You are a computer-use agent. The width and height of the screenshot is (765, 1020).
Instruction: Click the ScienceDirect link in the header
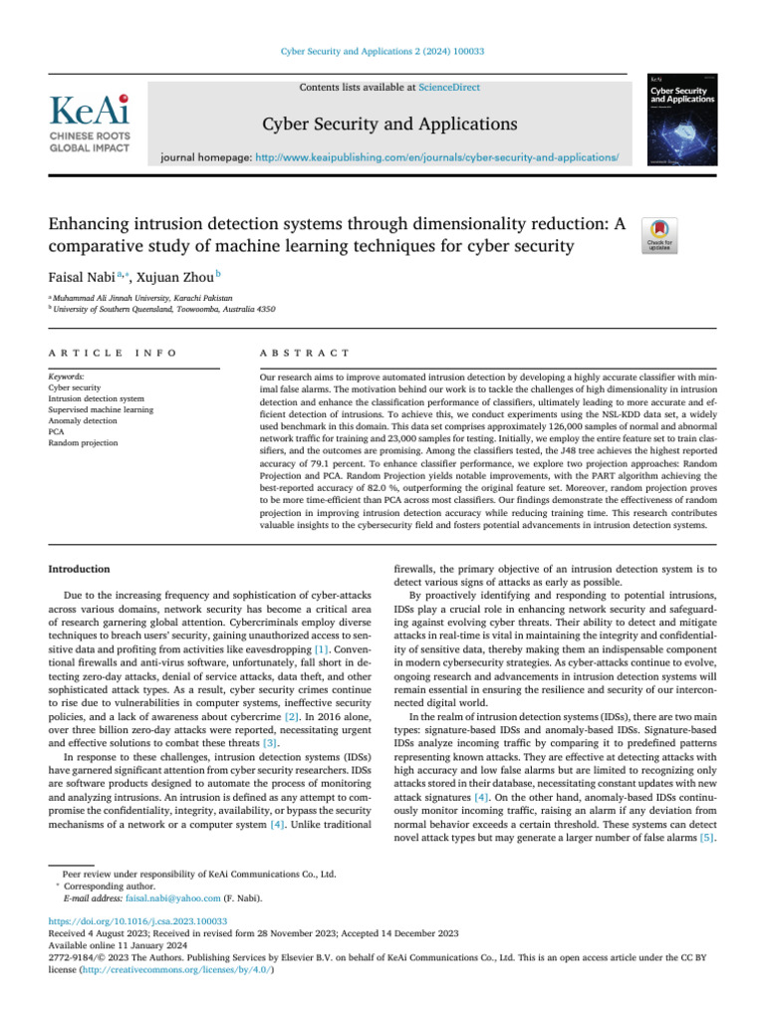(x=448, y=88)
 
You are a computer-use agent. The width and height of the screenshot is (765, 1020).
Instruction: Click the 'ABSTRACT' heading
(x=304, y=354)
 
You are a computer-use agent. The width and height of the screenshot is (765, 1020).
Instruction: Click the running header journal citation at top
(x=382, y=51)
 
